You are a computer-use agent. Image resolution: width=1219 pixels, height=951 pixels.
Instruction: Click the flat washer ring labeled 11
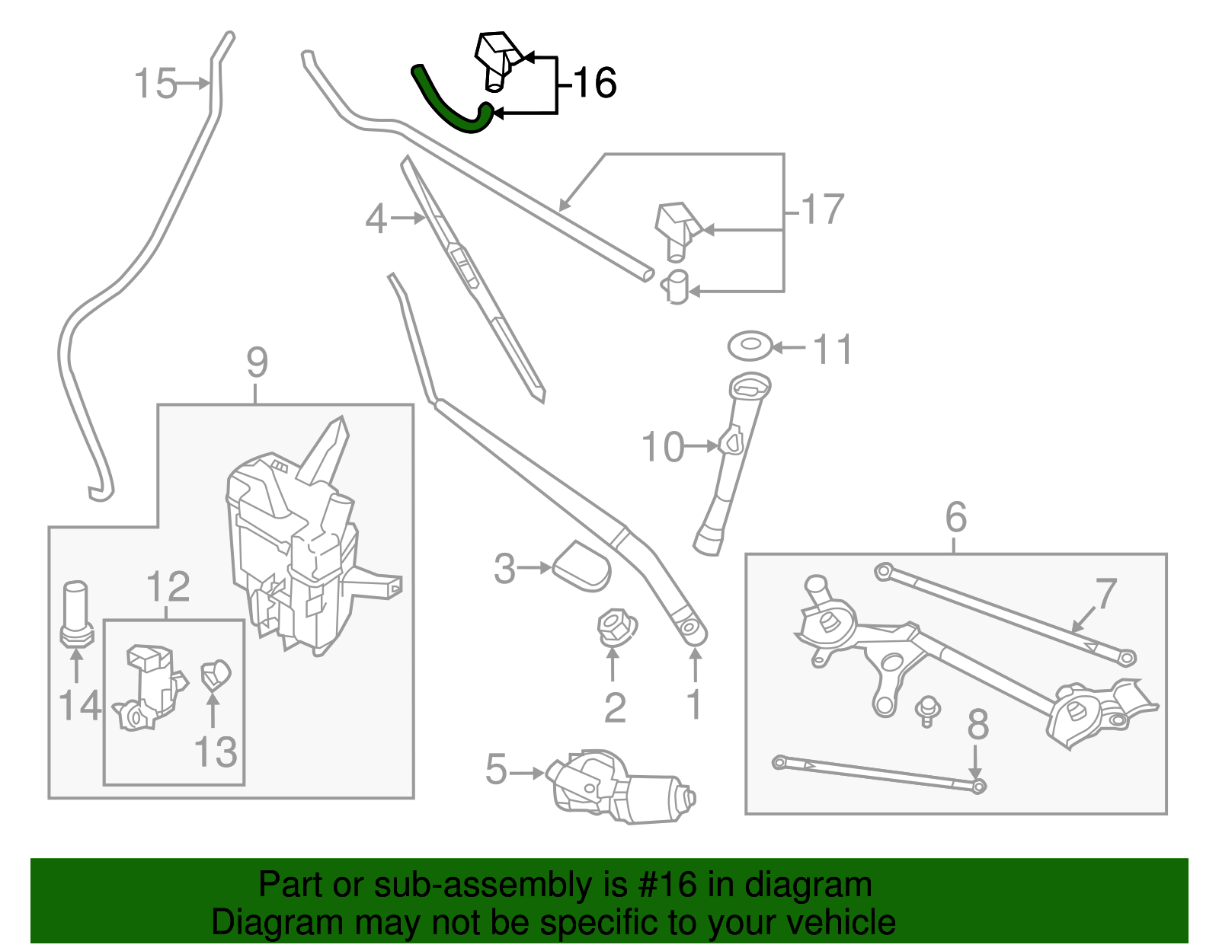point(750,346)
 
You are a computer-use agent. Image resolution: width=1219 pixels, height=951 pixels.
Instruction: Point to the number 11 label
point(831,349)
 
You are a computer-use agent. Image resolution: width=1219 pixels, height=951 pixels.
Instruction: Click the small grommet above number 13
point(216,675)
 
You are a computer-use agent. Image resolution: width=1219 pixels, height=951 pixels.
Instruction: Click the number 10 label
point(662,447)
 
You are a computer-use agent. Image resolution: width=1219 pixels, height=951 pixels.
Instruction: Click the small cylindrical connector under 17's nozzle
point(677,286)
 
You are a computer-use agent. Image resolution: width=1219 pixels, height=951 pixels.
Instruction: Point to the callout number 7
point(1105,593)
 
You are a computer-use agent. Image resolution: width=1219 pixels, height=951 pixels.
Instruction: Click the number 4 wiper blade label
point(376,219)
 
